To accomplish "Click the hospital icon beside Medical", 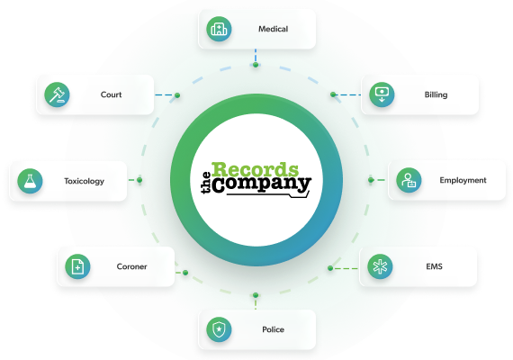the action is click(x=219, y=29).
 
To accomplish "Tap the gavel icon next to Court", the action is click(x=57, y=94).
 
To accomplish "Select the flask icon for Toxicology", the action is click(x=30, y=181).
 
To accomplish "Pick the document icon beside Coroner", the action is click(x=77, y=266).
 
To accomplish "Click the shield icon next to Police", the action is click(x=219, y=329).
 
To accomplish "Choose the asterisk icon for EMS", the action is click(x=380, y=266).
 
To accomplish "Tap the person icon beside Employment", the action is click(x=409, y=180).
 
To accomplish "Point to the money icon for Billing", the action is click(x=382, y=94).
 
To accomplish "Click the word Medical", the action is click(x=274, y=29).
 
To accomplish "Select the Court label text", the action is click(x=111, y=94).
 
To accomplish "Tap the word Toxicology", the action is click(x=84, y=181).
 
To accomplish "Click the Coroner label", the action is click(x=131, y=266).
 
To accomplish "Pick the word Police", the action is click(x=274, y=329).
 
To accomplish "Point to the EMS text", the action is click(x=434, y=266).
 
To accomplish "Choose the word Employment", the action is click(x=463, y=180).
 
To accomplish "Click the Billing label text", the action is click(x=436, y=94).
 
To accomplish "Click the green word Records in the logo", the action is click(x=256, y=169).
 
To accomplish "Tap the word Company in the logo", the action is click(x=261, y=184).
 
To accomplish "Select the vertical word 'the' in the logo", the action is click(x=206, y=183).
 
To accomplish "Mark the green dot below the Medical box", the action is click(x=256, y=65).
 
